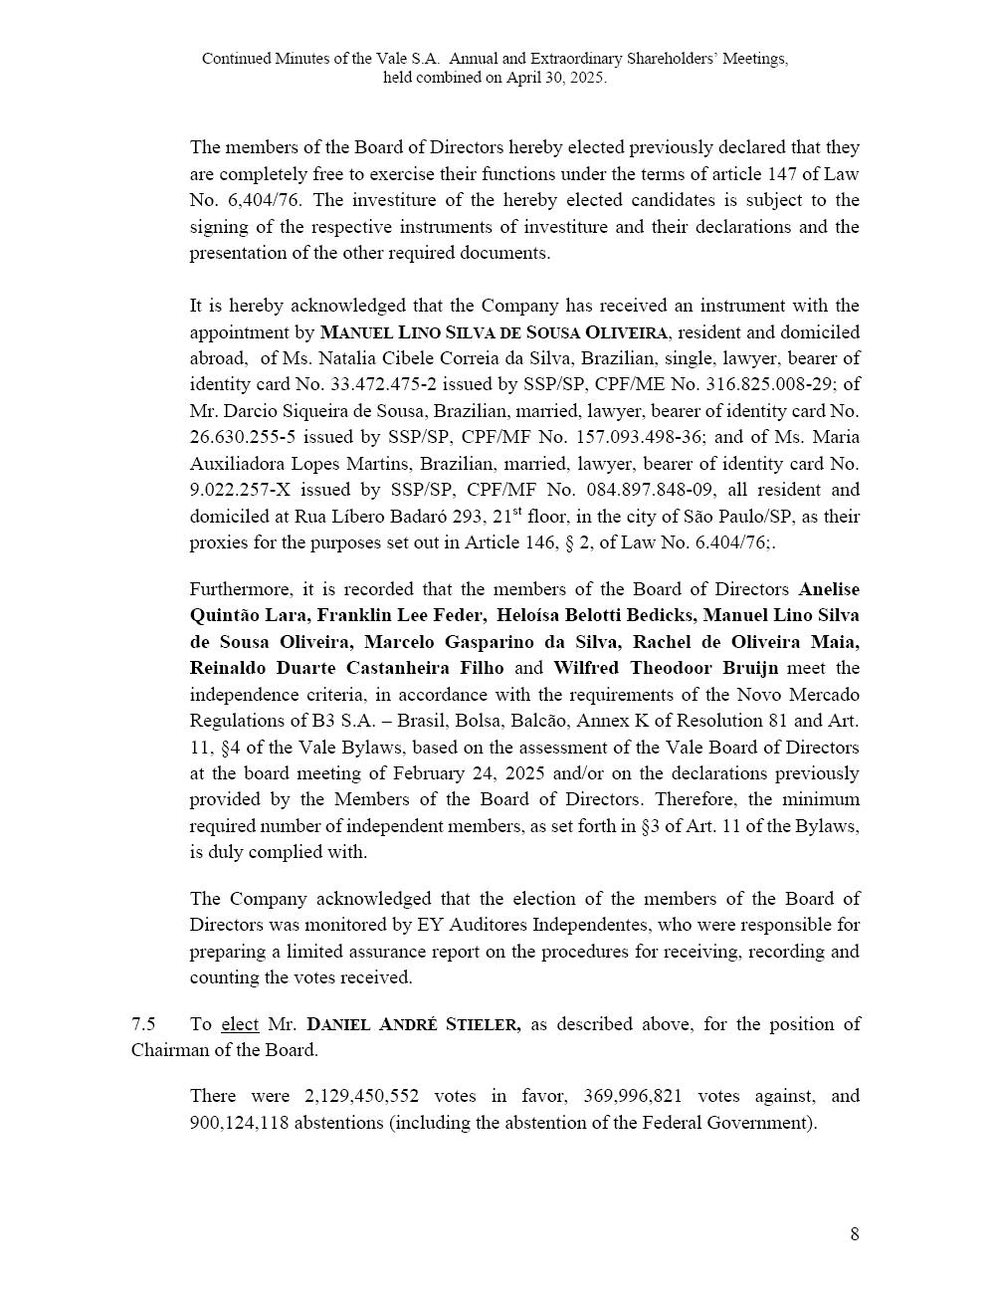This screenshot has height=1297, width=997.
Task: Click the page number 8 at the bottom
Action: (x=854, y=1234)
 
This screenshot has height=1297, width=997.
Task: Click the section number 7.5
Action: (x=143, y=1023)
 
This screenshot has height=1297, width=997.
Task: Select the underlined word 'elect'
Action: (x=240, y=1023)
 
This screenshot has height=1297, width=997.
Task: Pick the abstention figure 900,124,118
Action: (x=237, y=1123)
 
